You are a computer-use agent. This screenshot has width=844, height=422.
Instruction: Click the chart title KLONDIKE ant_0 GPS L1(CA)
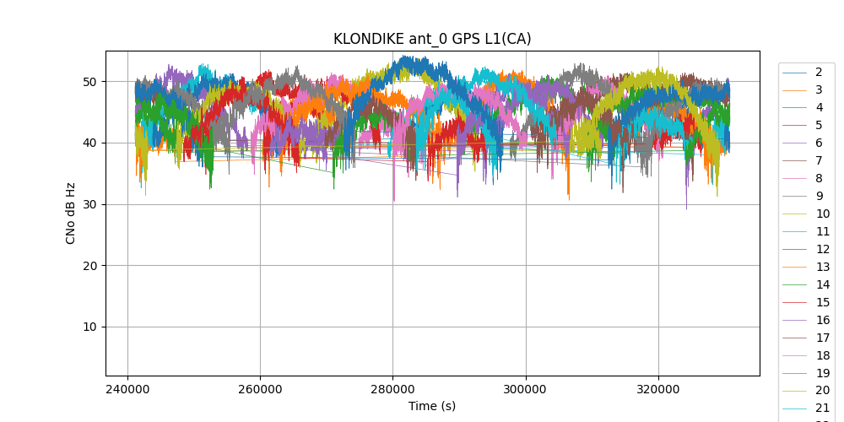(x=432, y=39)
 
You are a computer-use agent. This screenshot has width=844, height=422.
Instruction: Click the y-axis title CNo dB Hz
(x=71, y=214)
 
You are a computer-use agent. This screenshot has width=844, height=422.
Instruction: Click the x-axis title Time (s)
(x=432, y=406)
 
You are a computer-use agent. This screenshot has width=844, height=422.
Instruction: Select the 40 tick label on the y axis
(x=90, y=143)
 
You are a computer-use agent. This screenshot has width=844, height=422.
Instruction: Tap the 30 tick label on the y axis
(x=90, y=204)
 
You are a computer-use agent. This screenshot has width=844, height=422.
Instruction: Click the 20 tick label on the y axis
(x=90, y=266)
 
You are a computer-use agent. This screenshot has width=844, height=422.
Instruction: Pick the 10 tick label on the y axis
(x=90, y=327)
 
